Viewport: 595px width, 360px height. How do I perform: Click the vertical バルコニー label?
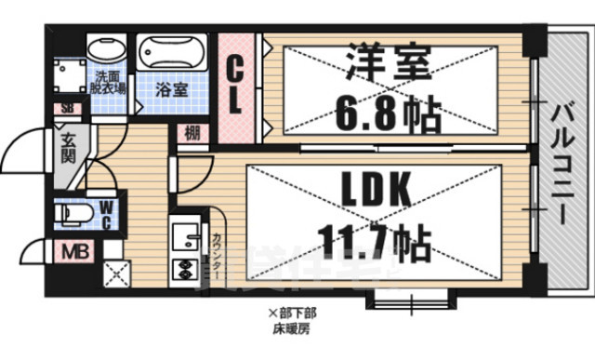561,159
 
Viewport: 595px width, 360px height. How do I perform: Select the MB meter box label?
72,251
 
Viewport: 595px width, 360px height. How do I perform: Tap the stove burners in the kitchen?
182,273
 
